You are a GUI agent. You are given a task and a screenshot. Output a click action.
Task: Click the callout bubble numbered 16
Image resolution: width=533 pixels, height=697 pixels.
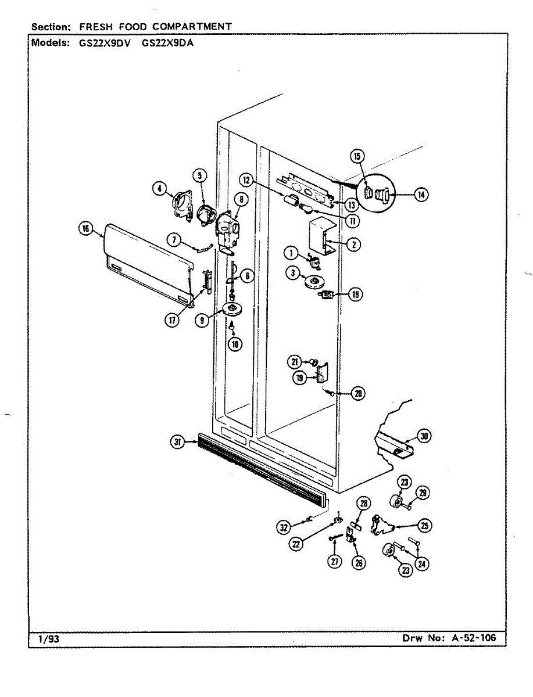click(x=86, y=229)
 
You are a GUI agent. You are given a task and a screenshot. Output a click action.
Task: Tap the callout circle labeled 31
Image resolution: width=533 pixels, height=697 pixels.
click(x=177, y=443)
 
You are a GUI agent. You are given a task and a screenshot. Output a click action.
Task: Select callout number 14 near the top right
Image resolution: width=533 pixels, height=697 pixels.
click(x=421, y=195)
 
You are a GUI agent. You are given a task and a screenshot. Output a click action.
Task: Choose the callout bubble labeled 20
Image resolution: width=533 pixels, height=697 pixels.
click(x=358, y=393)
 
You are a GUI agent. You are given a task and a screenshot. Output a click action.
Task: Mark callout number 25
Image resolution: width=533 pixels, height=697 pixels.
click(x=425, y=526)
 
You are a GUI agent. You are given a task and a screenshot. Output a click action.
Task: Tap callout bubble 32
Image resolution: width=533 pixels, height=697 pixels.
click(x=283, y=527)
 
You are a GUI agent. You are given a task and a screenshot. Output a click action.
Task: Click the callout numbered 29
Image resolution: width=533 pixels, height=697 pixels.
click(x=424, y=493)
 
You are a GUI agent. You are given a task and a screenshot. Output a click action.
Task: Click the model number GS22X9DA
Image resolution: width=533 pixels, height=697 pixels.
click(x=167, y=42)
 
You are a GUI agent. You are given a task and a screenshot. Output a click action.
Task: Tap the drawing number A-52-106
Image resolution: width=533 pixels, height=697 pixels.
click(x=474, y=638)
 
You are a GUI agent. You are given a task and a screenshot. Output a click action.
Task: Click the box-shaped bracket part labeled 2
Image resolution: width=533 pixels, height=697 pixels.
click(x=319, y=235)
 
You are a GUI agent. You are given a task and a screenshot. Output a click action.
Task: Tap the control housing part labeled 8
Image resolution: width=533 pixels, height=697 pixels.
click(x=228, y=229)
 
